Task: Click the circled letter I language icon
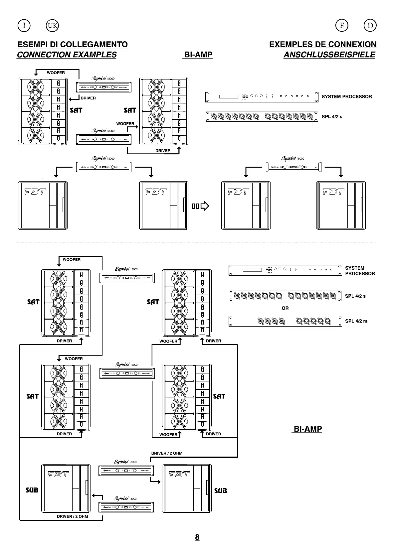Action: click(x=24, y=25)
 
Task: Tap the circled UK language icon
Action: click(x=53, y=25)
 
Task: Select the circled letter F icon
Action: click(x=342, y=25)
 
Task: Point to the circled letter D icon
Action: click(x=370, y=25)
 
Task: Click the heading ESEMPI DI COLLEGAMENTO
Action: click(x=73, y=45)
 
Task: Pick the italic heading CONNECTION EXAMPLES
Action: click(x=67, y=55)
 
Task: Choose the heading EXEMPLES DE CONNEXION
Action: click(x=323, y=45)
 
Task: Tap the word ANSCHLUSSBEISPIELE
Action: click(x=329, y=55)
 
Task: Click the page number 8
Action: click(x=197, y=537)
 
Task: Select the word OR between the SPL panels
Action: click(x=285, y=308)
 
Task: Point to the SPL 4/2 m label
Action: click(x=356, y=321)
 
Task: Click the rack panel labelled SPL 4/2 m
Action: click(x=285, y=321)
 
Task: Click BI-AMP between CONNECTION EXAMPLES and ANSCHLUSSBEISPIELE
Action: click(x=198, y=55)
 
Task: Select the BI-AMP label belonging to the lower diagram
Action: click(x=308, y=429)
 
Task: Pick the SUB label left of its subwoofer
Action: click(x=32, y=490)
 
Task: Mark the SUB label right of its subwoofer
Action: click(x=221, y=490)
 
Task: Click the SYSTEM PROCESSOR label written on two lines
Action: click(x=360, y=271)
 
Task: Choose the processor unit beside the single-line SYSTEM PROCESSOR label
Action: click(x=262, y=96)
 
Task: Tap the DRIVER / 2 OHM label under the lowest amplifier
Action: click(x=72, y=516)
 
